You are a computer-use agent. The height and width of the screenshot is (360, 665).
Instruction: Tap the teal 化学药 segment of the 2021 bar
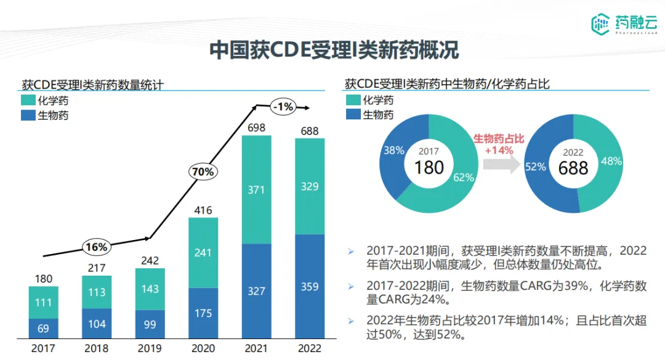click(x=256, y=190)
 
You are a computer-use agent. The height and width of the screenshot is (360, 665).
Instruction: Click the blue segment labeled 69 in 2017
click(x=43, y=328)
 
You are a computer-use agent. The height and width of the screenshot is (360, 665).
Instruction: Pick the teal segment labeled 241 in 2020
click(x=203, y=252)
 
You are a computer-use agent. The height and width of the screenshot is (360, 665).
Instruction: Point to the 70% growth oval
click(x=202, y=172)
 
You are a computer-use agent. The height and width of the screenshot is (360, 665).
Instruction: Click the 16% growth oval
click(x=96, y=247)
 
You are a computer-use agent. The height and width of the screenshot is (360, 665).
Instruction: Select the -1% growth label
click(x=284, y=107)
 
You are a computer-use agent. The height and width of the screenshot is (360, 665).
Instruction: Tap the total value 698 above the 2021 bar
click(x=256, y=128)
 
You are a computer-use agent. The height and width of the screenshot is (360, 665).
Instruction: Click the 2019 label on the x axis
click(x=150, y=348)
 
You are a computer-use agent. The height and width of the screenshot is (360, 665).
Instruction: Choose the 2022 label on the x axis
click(x=309, y=348)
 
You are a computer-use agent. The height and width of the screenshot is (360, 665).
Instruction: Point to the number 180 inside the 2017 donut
click(x=429, y=167)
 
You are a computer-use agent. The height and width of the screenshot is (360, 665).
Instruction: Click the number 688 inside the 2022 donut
click(x=573, y=167)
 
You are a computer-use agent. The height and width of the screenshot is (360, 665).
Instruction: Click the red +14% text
click(x=499, y=150)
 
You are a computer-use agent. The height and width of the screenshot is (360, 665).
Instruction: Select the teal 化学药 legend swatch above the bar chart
click(x=28, y=100)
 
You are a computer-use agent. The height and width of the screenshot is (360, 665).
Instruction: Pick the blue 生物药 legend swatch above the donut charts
click(x=353, y=114)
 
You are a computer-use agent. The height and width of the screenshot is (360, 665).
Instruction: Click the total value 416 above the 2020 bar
click(x=203, y=210)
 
